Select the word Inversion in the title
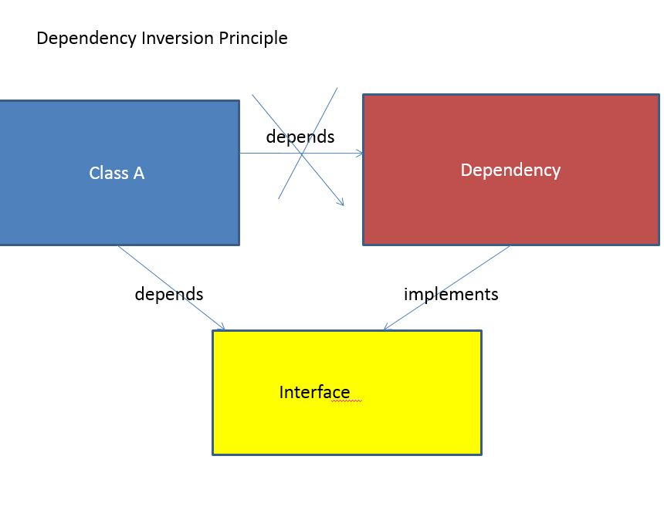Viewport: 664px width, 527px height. click(x=178, y=38)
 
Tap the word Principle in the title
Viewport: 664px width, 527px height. click(x=253, y=39)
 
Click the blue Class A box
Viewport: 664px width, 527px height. click(x=120, y=173)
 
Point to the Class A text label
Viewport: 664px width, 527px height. click(x=117, y=173)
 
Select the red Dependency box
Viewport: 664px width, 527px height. click(x=511, y=170)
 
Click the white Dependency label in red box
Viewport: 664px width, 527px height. click(x=510, y=171)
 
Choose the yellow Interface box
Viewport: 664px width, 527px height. click(x=347, y=393)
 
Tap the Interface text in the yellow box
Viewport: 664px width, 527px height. click(x=315, y=392)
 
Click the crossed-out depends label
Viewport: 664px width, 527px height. click(x=300, y=137)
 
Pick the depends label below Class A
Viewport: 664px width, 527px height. click(x=169, y=294)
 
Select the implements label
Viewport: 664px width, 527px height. click(x=451, y=294)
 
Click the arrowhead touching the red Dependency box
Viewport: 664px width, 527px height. click(x=360, y=154)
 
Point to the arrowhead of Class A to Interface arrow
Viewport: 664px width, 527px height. click(x=222, y=327)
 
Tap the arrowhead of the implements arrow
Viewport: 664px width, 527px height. click(x=387, y=327)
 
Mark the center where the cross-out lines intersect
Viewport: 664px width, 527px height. click(x=302, y=154)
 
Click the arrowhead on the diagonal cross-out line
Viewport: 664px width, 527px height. click(x=340, y=202)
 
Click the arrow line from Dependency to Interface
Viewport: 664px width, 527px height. click(x=447, y=288)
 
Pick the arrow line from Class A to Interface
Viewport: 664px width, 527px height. click(x=171, y=288)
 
